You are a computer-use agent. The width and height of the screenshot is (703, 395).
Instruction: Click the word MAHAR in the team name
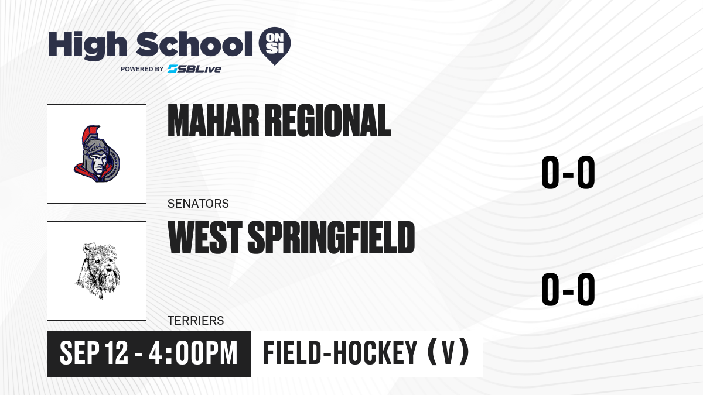click(213, 121)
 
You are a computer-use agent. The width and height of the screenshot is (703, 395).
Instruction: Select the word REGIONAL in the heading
click(327, 121)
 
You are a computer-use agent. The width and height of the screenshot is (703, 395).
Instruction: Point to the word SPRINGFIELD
click(331, 238)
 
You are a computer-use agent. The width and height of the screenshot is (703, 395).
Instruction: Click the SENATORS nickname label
click(198, 204)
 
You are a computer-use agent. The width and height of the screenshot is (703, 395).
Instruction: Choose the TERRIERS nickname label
click(196, 321)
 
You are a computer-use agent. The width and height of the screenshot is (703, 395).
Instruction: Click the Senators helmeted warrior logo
click(97, 154)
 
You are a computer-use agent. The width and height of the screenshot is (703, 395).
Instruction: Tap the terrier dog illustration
click(98, 270)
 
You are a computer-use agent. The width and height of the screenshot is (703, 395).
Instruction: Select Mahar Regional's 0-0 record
click(568, 173)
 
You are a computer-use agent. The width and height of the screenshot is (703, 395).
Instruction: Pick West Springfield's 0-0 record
click(568, 289)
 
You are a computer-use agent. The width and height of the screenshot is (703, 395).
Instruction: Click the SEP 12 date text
click(94, 353)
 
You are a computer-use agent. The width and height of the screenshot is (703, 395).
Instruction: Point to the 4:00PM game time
click(193, 353)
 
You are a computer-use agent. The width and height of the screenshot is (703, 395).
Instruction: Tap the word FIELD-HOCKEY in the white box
click(340, 353)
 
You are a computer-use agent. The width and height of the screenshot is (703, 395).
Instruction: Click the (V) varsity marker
click(449, 353)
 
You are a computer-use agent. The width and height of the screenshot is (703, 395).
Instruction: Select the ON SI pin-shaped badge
click(275, 46)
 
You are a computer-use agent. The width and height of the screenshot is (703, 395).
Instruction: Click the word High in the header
click(87, 46)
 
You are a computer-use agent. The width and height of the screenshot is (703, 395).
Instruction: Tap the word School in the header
click(194, 44)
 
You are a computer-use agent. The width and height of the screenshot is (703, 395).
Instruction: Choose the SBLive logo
click(194, 69)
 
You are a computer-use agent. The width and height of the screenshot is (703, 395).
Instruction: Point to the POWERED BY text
click(142, 69)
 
